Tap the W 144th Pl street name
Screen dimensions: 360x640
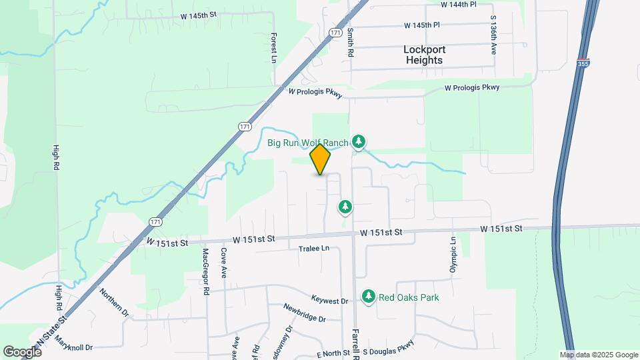(x=459, y=4)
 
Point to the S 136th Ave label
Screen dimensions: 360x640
(x=493, y=33)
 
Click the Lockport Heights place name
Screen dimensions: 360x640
(x=424, y=55)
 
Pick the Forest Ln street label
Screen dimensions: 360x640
(x=273, y=49)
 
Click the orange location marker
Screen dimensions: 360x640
(x=321, y=159)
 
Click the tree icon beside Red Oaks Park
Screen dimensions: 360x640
(x=368, y=295)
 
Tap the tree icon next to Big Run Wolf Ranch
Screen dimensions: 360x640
(x=359, y=141)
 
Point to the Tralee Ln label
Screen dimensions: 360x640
(x=314, y=249)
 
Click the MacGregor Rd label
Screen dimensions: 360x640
(x=206, y=271)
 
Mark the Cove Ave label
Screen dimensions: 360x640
(x=224, y=263)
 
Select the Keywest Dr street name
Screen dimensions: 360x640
(x=330, y=301)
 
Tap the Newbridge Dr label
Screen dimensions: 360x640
(x=304, y=313)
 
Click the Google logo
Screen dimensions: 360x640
(x=22, y=351)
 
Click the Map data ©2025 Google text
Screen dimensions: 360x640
(x=598, y=355)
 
